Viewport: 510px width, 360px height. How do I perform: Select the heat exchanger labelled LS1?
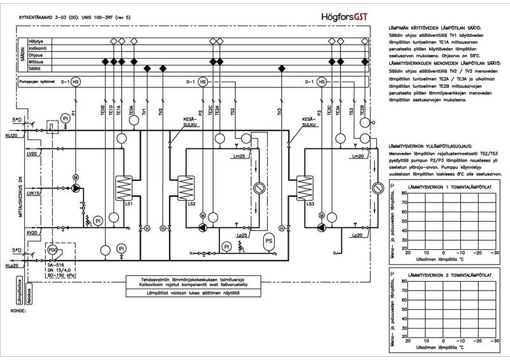[122, 187]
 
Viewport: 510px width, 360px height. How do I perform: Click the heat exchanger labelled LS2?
[186, 187]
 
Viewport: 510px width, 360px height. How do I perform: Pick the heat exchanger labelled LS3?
[313, 187]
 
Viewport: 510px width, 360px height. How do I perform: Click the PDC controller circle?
[54, 251]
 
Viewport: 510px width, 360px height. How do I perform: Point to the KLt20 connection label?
[11, 136]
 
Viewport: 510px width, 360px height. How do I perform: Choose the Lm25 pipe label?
[239, 157]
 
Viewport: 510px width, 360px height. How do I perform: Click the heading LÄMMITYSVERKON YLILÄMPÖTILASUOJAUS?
[432, 147]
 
